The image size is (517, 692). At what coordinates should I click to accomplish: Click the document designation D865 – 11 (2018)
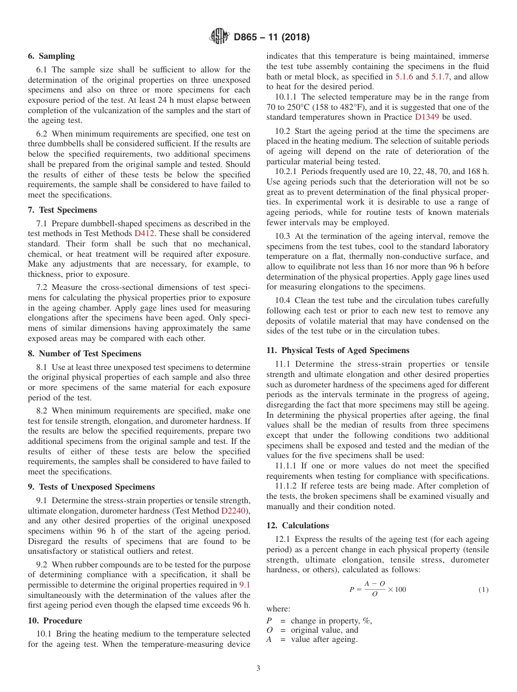(x=272, y=38)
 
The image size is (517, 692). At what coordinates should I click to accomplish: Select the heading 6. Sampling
(x=51, y=56)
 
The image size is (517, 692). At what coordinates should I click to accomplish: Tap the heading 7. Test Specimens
(x=62, y=210)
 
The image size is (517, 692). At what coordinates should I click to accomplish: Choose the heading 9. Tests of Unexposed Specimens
(x=91, y=487)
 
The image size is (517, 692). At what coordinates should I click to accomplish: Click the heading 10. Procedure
(x=55, y=621)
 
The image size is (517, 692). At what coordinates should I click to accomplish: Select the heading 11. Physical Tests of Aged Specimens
(x=337, y=350)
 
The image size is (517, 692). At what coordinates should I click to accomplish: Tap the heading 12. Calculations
(x=298, y=526)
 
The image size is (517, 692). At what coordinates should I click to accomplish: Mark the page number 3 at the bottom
(x=258, y=669)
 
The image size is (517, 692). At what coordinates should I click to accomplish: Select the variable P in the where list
(x=269, y=621)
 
